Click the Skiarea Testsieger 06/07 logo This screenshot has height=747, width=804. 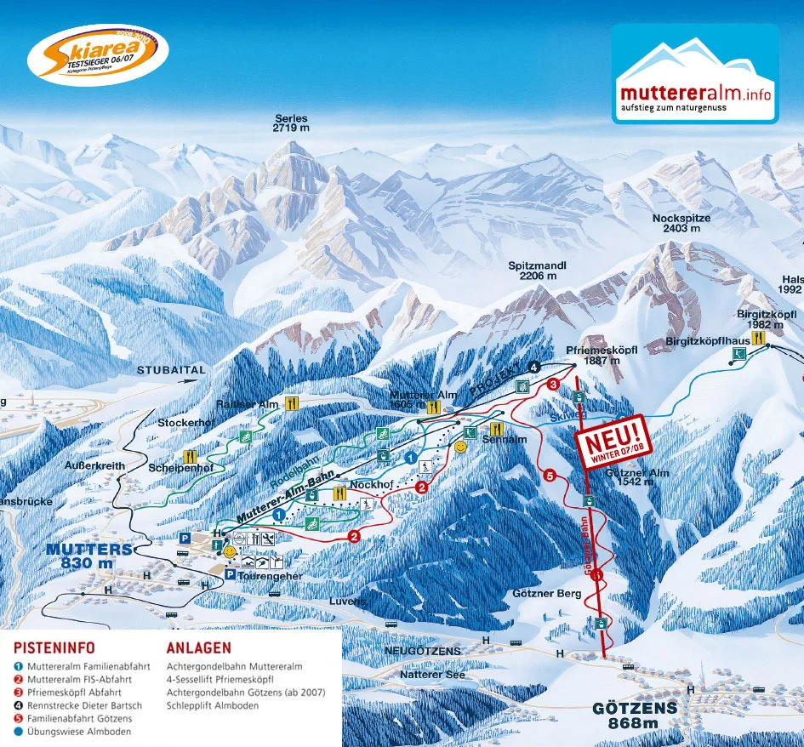[x=97, y=55]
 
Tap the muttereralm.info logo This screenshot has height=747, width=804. [x=694, y=74]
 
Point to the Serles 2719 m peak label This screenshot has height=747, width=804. [x=291, y=123]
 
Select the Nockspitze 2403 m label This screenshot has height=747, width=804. [x=681, y=224]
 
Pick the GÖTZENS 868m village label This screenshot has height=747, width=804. [x=635, y=716]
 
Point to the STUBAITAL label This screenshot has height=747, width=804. [x=171, y=370]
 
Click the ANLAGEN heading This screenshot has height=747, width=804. [x=198, y=647]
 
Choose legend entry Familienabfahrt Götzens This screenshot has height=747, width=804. [x=79, y=719]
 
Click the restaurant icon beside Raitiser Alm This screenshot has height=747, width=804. [x=292, y=403]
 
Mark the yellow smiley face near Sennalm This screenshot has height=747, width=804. [x=460, y=446]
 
